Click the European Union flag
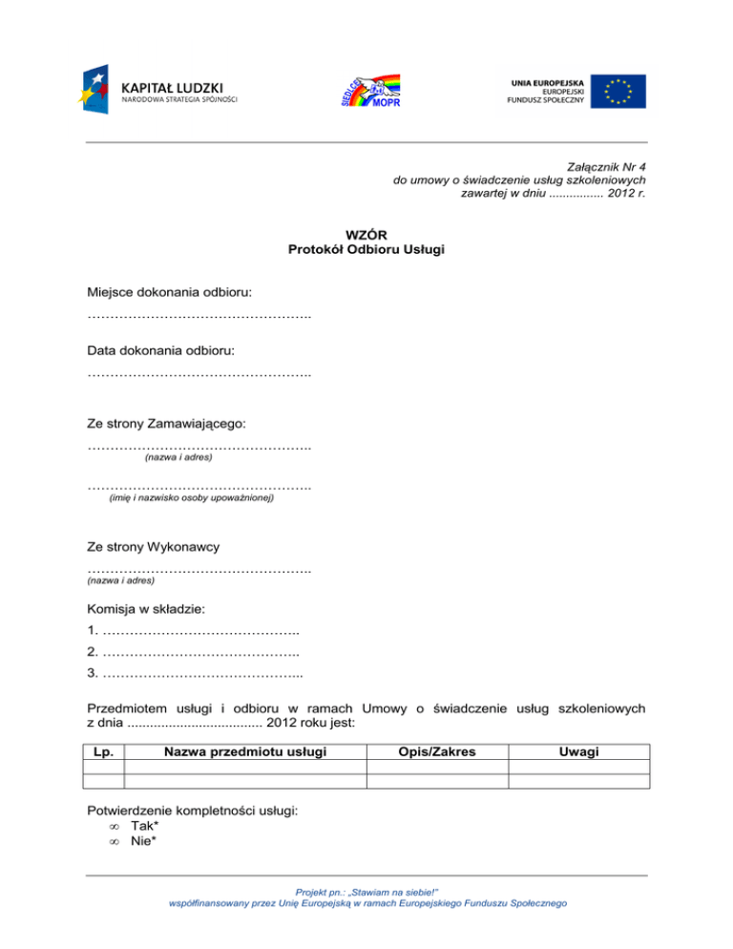pos(618,91)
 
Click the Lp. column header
pos(105,752)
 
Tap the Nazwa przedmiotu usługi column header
pos(245,752)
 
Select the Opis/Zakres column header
pos(437,752)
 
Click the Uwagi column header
pos(579,752)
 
